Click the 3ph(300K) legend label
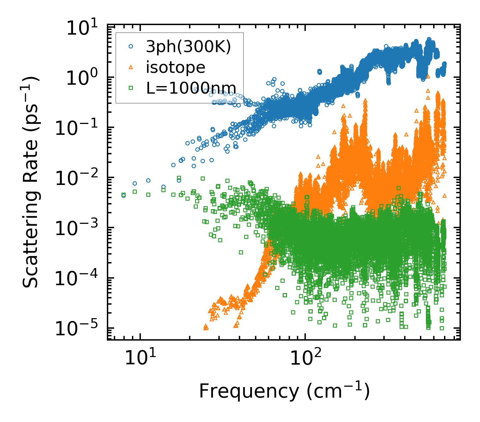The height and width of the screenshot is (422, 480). (x=188, y=47)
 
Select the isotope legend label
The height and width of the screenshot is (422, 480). (x=176, y=67)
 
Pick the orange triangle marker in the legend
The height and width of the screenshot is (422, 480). (x=131, y=67)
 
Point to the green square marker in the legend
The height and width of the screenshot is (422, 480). (x=131, y=88)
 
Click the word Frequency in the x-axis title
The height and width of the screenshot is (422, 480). (x=249, y=392)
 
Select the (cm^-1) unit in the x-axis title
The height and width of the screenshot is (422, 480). (x=338, y=391)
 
